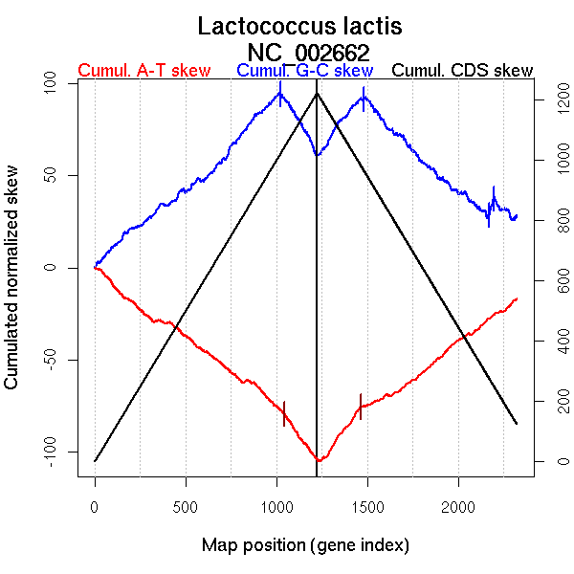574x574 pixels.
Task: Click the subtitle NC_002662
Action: coord(308,52)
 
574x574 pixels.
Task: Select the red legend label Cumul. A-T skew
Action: coord(143,71)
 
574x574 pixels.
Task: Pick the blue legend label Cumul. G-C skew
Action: coord(304,71)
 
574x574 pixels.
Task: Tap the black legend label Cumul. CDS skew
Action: coord(463,71)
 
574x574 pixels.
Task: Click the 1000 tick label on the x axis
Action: coord(276,505)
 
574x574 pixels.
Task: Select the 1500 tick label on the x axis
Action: coord(367,505)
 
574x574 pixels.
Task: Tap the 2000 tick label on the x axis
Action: coord(458,505)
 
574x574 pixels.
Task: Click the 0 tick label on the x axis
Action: coord(95,505)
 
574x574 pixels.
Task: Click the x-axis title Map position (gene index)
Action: coord(305,545)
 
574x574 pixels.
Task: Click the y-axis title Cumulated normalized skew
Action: coord(13,277)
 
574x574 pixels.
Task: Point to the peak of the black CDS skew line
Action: coord(317,93)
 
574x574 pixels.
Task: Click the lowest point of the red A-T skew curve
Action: coord(318,461)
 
